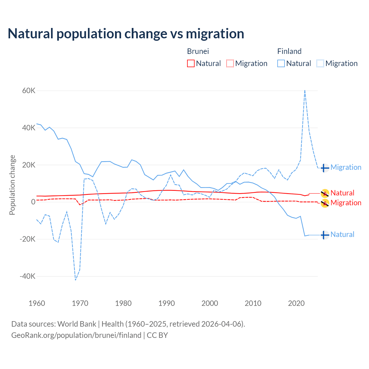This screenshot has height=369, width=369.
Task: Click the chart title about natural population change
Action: click(126, 34)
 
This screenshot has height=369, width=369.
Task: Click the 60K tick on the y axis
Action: click(29, 91)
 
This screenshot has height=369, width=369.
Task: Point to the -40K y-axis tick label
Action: click(27, 276)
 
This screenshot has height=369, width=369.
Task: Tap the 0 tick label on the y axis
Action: click(33, 202)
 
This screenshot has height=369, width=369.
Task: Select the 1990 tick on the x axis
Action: click(167, 303)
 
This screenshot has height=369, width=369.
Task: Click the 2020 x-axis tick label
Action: click(296, 303)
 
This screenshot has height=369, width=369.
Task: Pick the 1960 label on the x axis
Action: click(37, 303)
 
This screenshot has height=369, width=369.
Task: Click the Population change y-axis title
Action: click(12, 185)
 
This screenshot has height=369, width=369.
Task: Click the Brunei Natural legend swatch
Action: click(191, 63)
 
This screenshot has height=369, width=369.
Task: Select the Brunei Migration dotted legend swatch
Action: click(230, 63)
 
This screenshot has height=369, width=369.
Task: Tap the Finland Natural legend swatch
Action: click(281, 63)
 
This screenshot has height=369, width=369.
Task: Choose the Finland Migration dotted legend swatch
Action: click(320, 63)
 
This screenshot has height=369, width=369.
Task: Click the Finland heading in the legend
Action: click(289, 51)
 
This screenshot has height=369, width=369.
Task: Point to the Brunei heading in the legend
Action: click(198, 51)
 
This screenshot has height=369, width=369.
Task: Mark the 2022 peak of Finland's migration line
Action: click(305, 91)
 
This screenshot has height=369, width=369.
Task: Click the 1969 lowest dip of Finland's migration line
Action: click(76, 280)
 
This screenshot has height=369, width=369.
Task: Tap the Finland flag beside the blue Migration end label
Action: click(325, 168)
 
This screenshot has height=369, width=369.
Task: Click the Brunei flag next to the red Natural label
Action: click(325, 193)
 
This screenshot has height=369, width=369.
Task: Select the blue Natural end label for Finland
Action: click(342, 235)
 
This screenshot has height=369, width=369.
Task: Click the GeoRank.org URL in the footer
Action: click(76, 335)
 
